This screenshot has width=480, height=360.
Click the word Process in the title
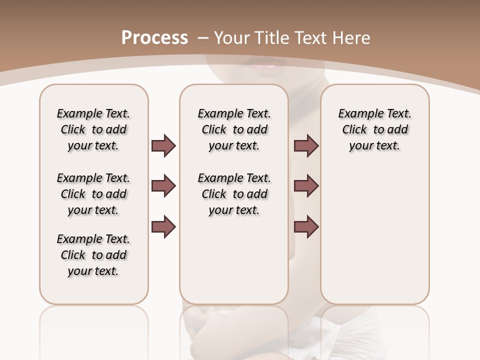pos(154,38)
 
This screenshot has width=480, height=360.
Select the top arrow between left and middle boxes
pos(163,146)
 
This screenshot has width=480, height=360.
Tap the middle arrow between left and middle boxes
pos(163,186)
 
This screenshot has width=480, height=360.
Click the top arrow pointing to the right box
pos(306,146)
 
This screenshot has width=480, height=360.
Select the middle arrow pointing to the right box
pos(306,186)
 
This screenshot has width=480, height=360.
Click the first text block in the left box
pos(93,129)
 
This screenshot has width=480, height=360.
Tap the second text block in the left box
pos(93,194)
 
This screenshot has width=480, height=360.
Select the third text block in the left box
pos(93,255)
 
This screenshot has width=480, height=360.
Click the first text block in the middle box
pos(234,129)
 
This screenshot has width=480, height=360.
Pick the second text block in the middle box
pos(234,194)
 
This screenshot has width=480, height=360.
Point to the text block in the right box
pos(374,129)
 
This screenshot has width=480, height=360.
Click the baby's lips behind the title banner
pos(265,65)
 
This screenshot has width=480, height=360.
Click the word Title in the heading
pos(273,38)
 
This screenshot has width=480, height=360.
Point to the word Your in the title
pos(233,38)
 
